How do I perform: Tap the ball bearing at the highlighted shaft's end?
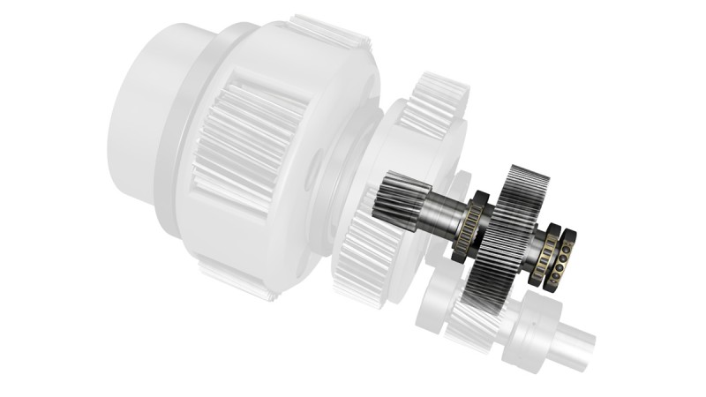pos(559,259)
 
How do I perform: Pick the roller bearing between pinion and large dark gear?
pos(467,228)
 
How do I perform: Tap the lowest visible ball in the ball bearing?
pos(553,281)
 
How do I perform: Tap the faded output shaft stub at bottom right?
pos(574,345)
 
